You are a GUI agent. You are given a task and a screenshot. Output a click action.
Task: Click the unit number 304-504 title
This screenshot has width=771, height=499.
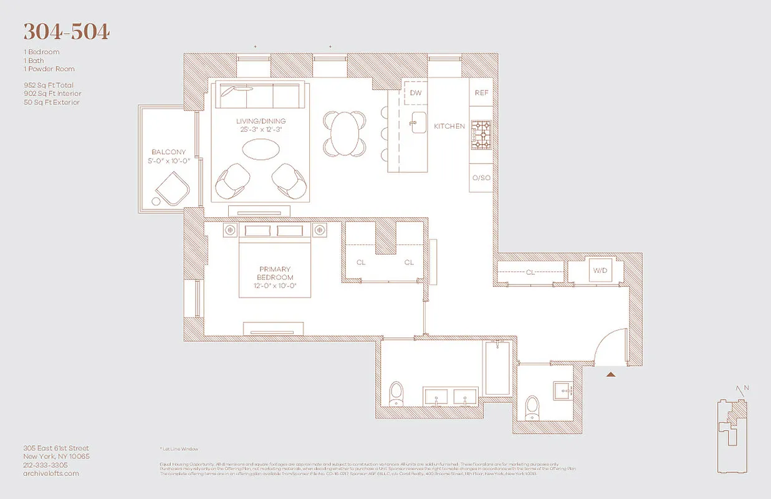click(x=66, y=31)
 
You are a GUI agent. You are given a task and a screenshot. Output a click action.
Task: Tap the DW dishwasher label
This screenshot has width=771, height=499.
click(x=416, y=94)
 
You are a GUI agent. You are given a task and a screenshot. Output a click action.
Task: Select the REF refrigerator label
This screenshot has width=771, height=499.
click(x=481, y=93)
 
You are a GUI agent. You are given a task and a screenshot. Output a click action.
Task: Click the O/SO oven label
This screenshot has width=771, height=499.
click(x=481, y=178)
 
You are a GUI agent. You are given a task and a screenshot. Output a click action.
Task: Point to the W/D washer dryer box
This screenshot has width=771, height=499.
click(x=599, y=271)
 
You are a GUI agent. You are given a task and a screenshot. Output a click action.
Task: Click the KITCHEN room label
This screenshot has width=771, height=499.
click(x=449, y=127)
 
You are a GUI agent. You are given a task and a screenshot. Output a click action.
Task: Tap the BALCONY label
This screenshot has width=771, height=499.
click(x=168, y=152)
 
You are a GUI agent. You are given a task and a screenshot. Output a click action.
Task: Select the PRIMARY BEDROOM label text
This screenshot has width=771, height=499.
click(x=275, y=274)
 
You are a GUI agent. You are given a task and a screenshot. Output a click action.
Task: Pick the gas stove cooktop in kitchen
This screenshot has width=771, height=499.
click(x=481, y=135)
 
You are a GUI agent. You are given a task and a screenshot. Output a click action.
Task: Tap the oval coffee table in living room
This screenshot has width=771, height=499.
click(x=261, y=150)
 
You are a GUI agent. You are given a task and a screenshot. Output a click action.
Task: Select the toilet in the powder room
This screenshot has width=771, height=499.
click(x=532, y=406)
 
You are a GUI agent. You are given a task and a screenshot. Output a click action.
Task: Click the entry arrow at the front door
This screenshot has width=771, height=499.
click(x=611, y=374)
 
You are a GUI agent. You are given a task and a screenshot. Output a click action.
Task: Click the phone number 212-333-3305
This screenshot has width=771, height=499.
click(x=45, y=465)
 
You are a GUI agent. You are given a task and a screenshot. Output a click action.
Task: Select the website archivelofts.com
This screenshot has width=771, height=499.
click(x=51, y=473)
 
